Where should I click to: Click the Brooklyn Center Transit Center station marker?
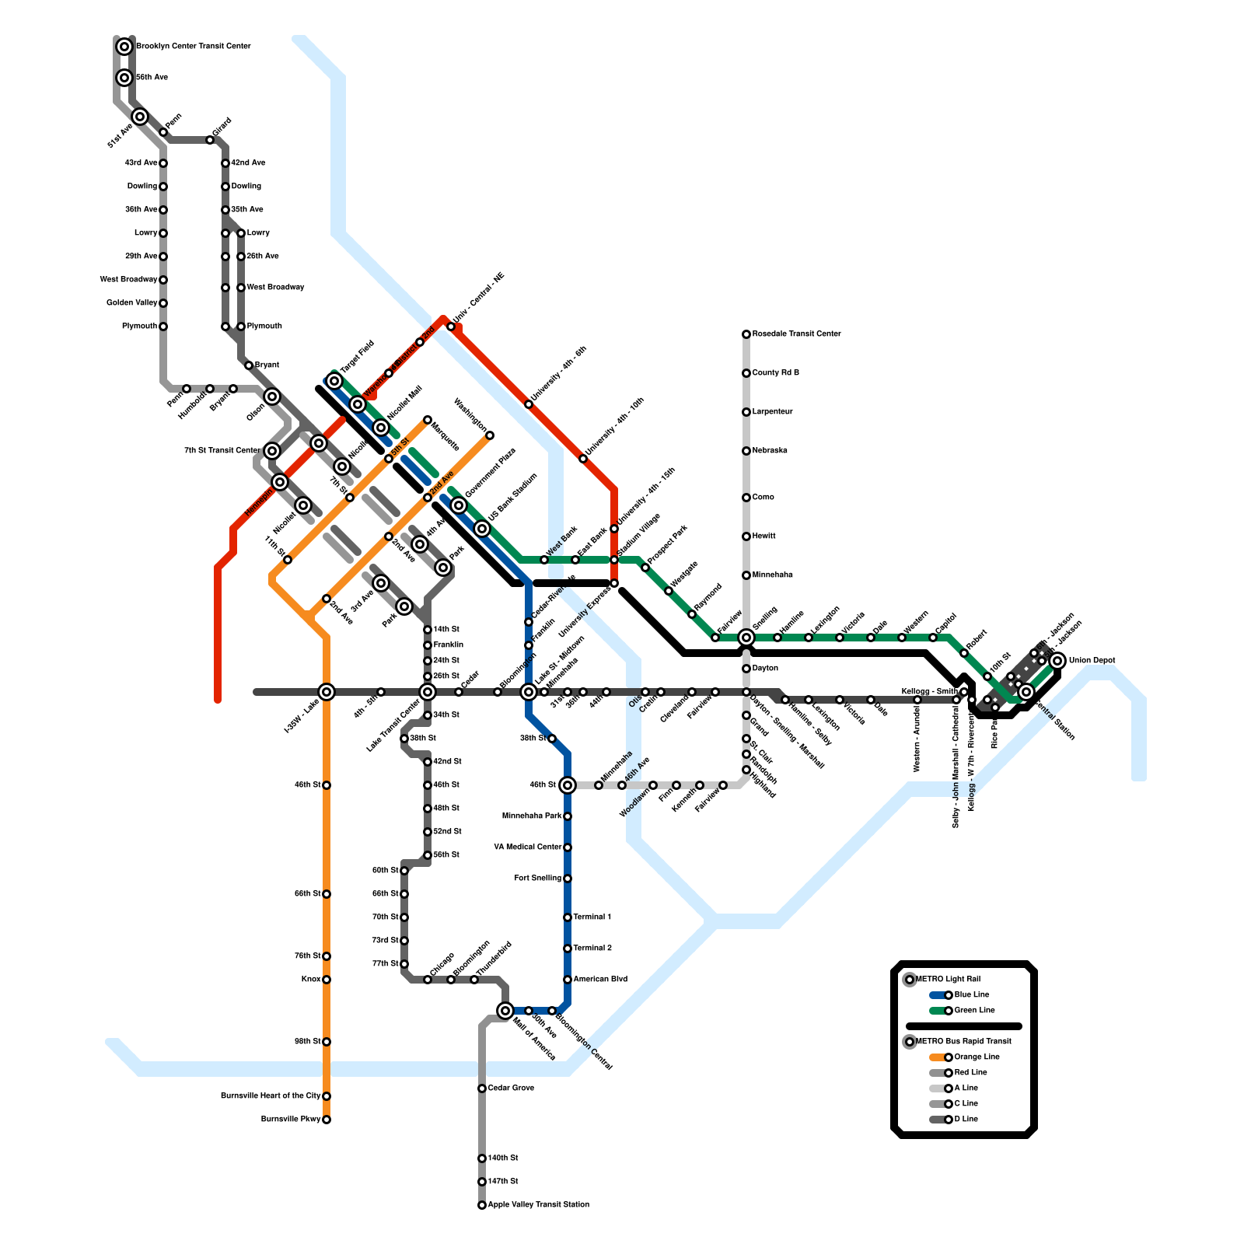[124, 47]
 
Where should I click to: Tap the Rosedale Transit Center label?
[796, 334]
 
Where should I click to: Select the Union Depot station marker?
[1057, 661]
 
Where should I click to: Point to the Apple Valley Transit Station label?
[538, 1205]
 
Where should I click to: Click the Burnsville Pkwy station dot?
[327, 1120]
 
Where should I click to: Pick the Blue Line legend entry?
[971, 995]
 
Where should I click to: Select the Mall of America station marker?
[505, 1011]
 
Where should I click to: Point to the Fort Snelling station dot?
[568, 879]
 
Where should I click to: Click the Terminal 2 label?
[592, 949]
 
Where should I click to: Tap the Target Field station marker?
[334, 381]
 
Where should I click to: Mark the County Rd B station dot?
[746, 373]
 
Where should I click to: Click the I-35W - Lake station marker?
[327, 692]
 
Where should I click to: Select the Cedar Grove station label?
[511, 1088]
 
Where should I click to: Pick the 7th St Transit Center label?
[222, 451]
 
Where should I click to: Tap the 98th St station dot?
[327, 1042]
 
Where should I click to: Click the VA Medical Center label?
[527, 847]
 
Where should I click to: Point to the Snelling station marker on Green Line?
[746, 638]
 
